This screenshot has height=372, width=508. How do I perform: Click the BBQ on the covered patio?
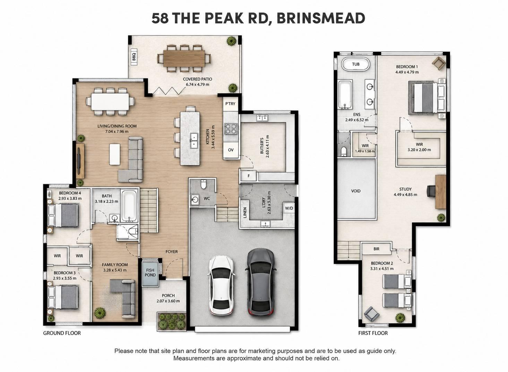point(134,57)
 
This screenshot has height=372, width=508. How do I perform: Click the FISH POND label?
point(150,272)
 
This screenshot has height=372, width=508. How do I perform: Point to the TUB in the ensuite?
point(356,64)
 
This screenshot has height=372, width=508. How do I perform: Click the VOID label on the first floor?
point(356,191)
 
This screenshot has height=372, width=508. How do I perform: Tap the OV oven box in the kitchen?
point(231,150)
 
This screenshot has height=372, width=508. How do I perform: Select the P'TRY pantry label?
point(230,104)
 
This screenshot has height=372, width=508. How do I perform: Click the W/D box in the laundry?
point(289,208)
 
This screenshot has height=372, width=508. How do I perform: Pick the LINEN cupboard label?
point(245,213)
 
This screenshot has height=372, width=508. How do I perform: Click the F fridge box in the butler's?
point(249,176)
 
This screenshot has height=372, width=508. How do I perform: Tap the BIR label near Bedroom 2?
point(376,249)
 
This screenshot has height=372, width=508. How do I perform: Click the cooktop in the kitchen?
point(231,129)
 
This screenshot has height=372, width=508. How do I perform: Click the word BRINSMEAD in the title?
point(321,18)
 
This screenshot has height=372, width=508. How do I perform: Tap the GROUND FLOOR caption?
point(62,333)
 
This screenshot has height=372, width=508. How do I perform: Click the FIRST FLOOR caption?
point(373,333)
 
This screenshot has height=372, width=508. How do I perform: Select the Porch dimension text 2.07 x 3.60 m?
point(168,301)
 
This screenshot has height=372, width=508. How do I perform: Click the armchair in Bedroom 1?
point(439,63)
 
